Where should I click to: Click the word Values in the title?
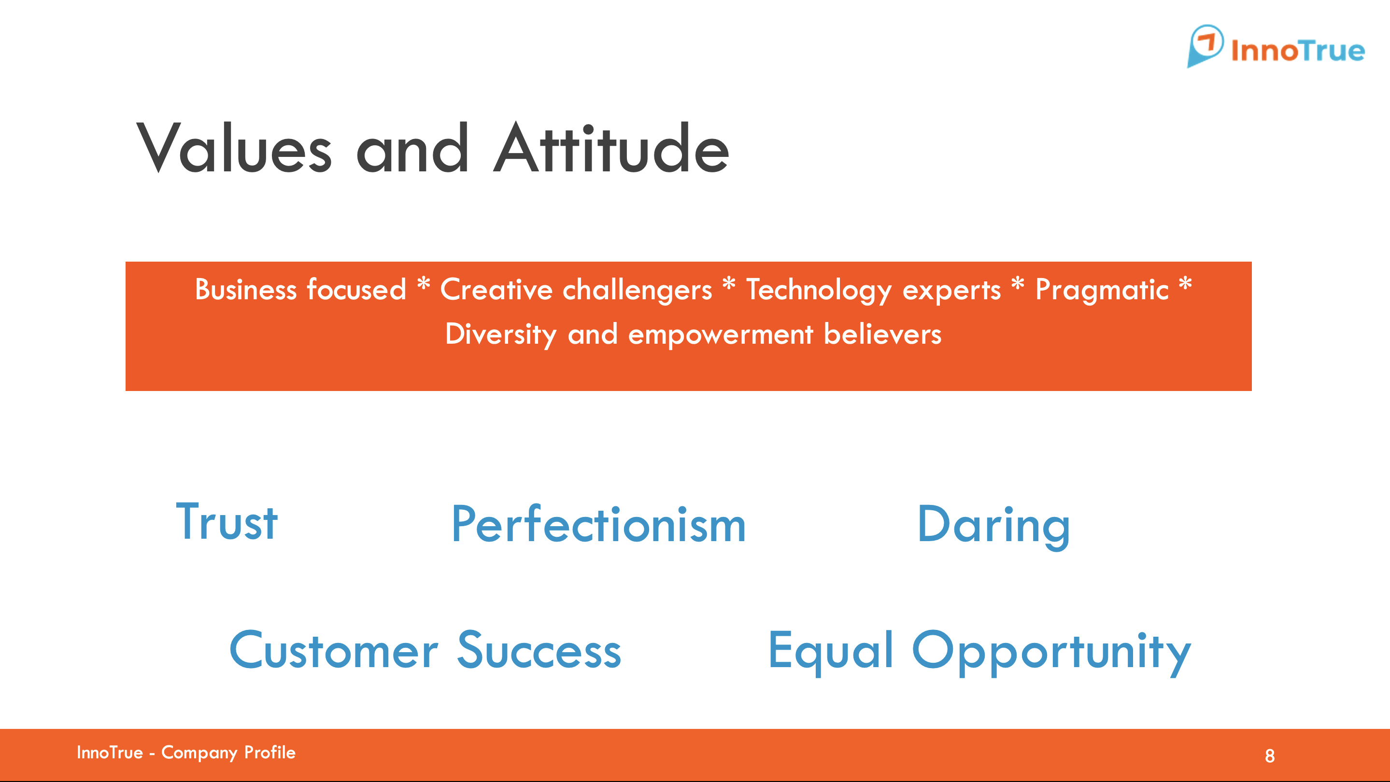(x=234, y=147)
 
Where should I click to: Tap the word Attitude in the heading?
(x=611, y=147)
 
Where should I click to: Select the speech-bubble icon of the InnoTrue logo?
(x=1205, y=46)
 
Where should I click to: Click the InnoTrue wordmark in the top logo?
(x=1298, y=50)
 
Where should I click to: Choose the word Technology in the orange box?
(x=819, y=290)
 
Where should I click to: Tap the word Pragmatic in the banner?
(x=1102, y=290)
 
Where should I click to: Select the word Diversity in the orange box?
(x=501, y=335)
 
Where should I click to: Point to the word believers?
(x=882, y=334)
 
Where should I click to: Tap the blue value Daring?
(x=993, y=526)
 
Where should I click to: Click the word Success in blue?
(x=539, y=650)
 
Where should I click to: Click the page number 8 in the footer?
(x=1270, y=755)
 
